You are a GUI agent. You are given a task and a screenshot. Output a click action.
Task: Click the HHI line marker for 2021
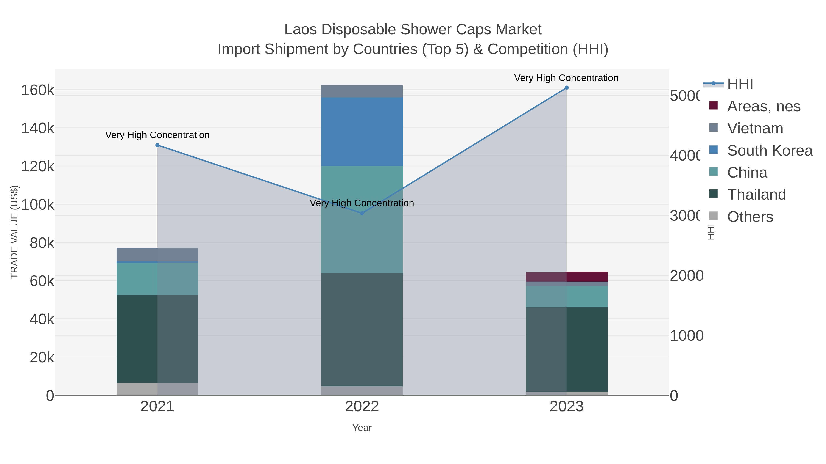click(157, 145)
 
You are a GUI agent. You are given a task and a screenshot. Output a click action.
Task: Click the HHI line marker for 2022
click(362, 213)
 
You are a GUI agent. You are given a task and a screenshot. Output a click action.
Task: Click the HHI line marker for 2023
click(566, 88)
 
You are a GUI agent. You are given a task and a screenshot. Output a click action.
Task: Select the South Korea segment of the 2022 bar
click(362, 132)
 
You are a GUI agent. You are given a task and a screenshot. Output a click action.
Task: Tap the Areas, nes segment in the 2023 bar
click(566, 277)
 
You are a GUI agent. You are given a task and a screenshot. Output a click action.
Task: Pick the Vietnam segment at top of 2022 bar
click(362, 91)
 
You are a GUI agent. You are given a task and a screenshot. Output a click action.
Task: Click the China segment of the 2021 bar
click(157, 279)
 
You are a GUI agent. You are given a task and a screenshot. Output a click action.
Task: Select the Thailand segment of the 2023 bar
click(566, 349)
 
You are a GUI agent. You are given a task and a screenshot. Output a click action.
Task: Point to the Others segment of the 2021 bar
click(157, 389)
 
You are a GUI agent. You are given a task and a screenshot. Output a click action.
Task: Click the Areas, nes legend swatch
click(713, 105)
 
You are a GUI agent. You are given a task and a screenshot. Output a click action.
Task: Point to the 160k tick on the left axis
click(38, 90)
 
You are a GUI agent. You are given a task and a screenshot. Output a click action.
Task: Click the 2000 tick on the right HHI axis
click(686, 276)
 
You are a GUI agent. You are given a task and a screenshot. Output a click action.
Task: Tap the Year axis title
click(362, 428)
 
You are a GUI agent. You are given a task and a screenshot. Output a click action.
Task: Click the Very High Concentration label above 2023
click(566, 78)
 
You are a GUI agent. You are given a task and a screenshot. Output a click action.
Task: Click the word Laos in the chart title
click(301, 30)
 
